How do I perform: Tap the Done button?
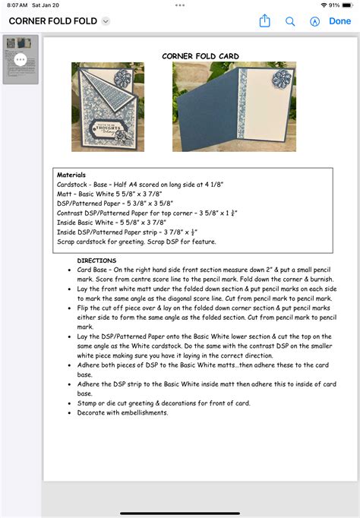click(x=339, y=21)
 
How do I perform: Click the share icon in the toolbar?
click(x=264, y=21)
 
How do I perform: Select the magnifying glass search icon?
click(x=290, y=21)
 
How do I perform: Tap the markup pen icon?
click(x=314, y=21)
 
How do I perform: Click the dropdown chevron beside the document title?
click(x=106, y=21)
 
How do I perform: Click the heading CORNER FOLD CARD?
click(x=201, y=56)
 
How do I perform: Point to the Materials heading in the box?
click(x=71, y=175)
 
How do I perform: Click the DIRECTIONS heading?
click(x=96, y=261)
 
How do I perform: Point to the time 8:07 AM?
click(x=17, y=5)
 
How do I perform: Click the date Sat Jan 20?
click(x=46, y=5)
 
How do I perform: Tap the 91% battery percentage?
click(x=333, y=5)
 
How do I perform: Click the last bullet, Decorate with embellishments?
click(x=122, y=412)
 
